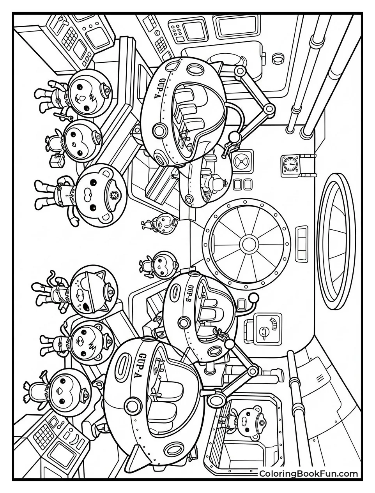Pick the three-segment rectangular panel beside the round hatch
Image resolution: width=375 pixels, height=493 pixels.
click(x=302, y=245)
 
